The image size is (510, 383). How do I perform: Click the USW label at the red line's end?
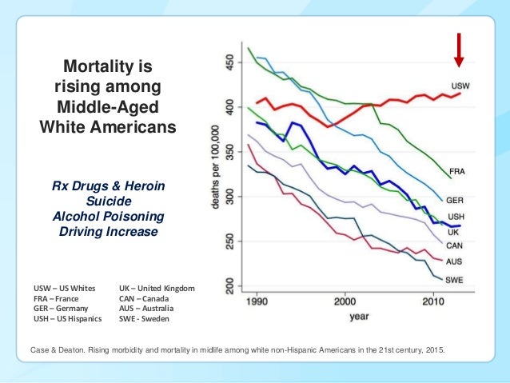461,85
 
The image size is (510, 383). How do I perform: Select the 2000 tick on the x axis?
345,305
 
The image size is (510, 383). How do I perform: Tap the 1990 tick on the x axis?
255,305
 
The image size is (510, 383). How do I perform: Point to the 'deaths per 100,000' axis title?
214,172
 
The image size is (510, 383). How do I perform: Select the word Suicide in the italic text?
107,201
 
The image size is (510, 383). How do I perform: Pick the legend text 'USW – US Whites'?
64,288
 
